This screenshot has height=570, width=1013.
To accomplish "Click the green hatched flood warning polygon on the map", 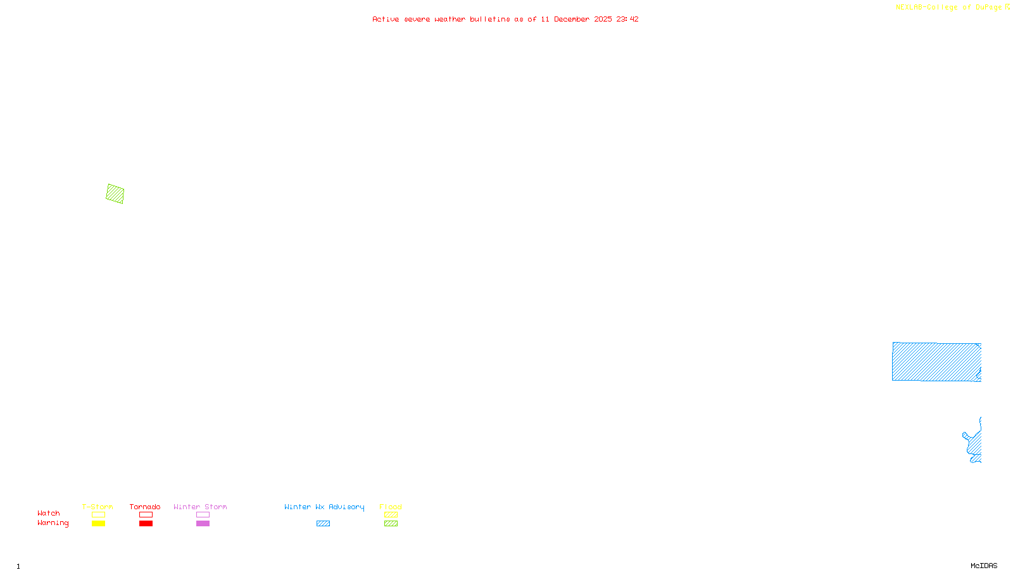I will pos(115,194).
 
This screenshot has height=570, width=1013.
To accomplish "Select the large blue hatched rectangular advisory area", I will pos(936,362).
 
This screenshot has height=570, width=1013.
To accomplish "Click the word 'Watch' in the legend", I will pos(49,513).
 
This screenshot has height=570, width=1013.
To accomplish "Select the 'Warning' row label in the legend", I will pos(53,523).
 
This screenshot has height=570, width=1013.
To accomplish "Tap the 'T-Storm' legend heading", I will pos(98,507).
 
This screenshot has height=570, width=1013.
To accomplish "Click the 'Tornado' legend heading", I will pos(145,507).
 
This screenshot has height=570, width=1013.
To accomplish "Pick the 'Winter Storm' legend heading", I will pos(200,507).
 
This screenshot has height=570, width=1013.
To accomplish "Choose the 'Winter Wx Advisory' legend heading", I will pos(324,507).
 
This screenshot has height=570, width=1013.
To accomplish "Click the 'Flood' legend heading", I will pos(391,507).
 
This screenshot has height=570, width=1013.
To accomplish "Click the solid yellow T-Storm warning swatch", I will pos(98,524).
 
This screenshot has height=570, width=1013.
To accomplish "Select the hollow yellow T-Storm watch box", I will pos(98,515).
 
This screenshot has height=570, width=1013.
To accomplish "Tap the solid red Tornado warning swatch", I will pos(146,524).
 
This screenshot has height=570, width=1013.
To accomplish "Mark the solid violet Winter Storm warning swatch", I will pos(203,524).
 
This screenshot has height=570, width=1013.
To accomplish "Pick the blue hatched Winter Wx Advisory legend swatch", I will pos(323,524).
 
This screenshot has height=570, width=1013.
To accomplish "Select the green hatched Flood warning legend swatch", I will pos(391,524).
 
